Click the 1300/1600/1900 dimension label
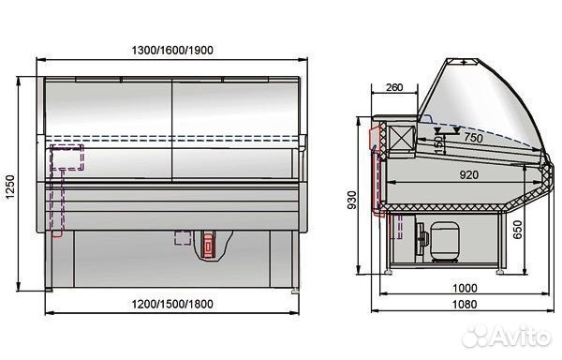(x=172, y=51)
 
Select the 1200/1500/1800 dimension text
(x=172, y=304)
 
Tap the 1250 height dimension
(x=9, y=187)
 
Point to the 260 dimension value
(x=394, y=87)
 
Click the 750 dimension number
(x=473, y=137)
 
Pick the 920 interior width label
(x=469, y=174)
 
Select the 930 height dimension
(x=352, y=200)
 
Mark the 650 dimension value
(x=518, y=230)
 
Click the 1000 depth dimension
(x=465, y=288)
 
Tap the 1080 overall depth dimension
(x=465, y=304)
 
